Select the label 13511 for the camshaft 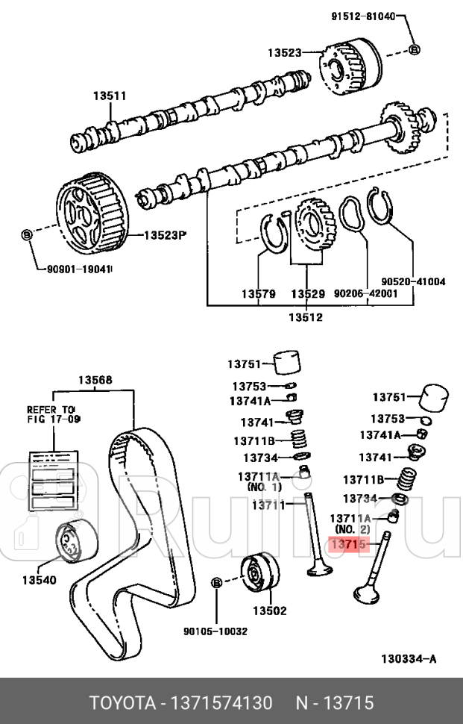[x=109, y=96]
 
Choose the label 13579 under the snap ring [x=257, y=295]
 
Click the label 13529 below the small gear [x=307, y=295]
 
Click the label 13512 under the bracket [x=306, y=317]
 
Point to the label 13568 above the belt [x=95, y=380]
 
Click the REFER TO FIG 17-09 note [x=52, y=415]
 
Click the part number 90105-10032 [x=215, y=631]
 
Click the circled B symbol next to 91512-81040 [x=415, y=50]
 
